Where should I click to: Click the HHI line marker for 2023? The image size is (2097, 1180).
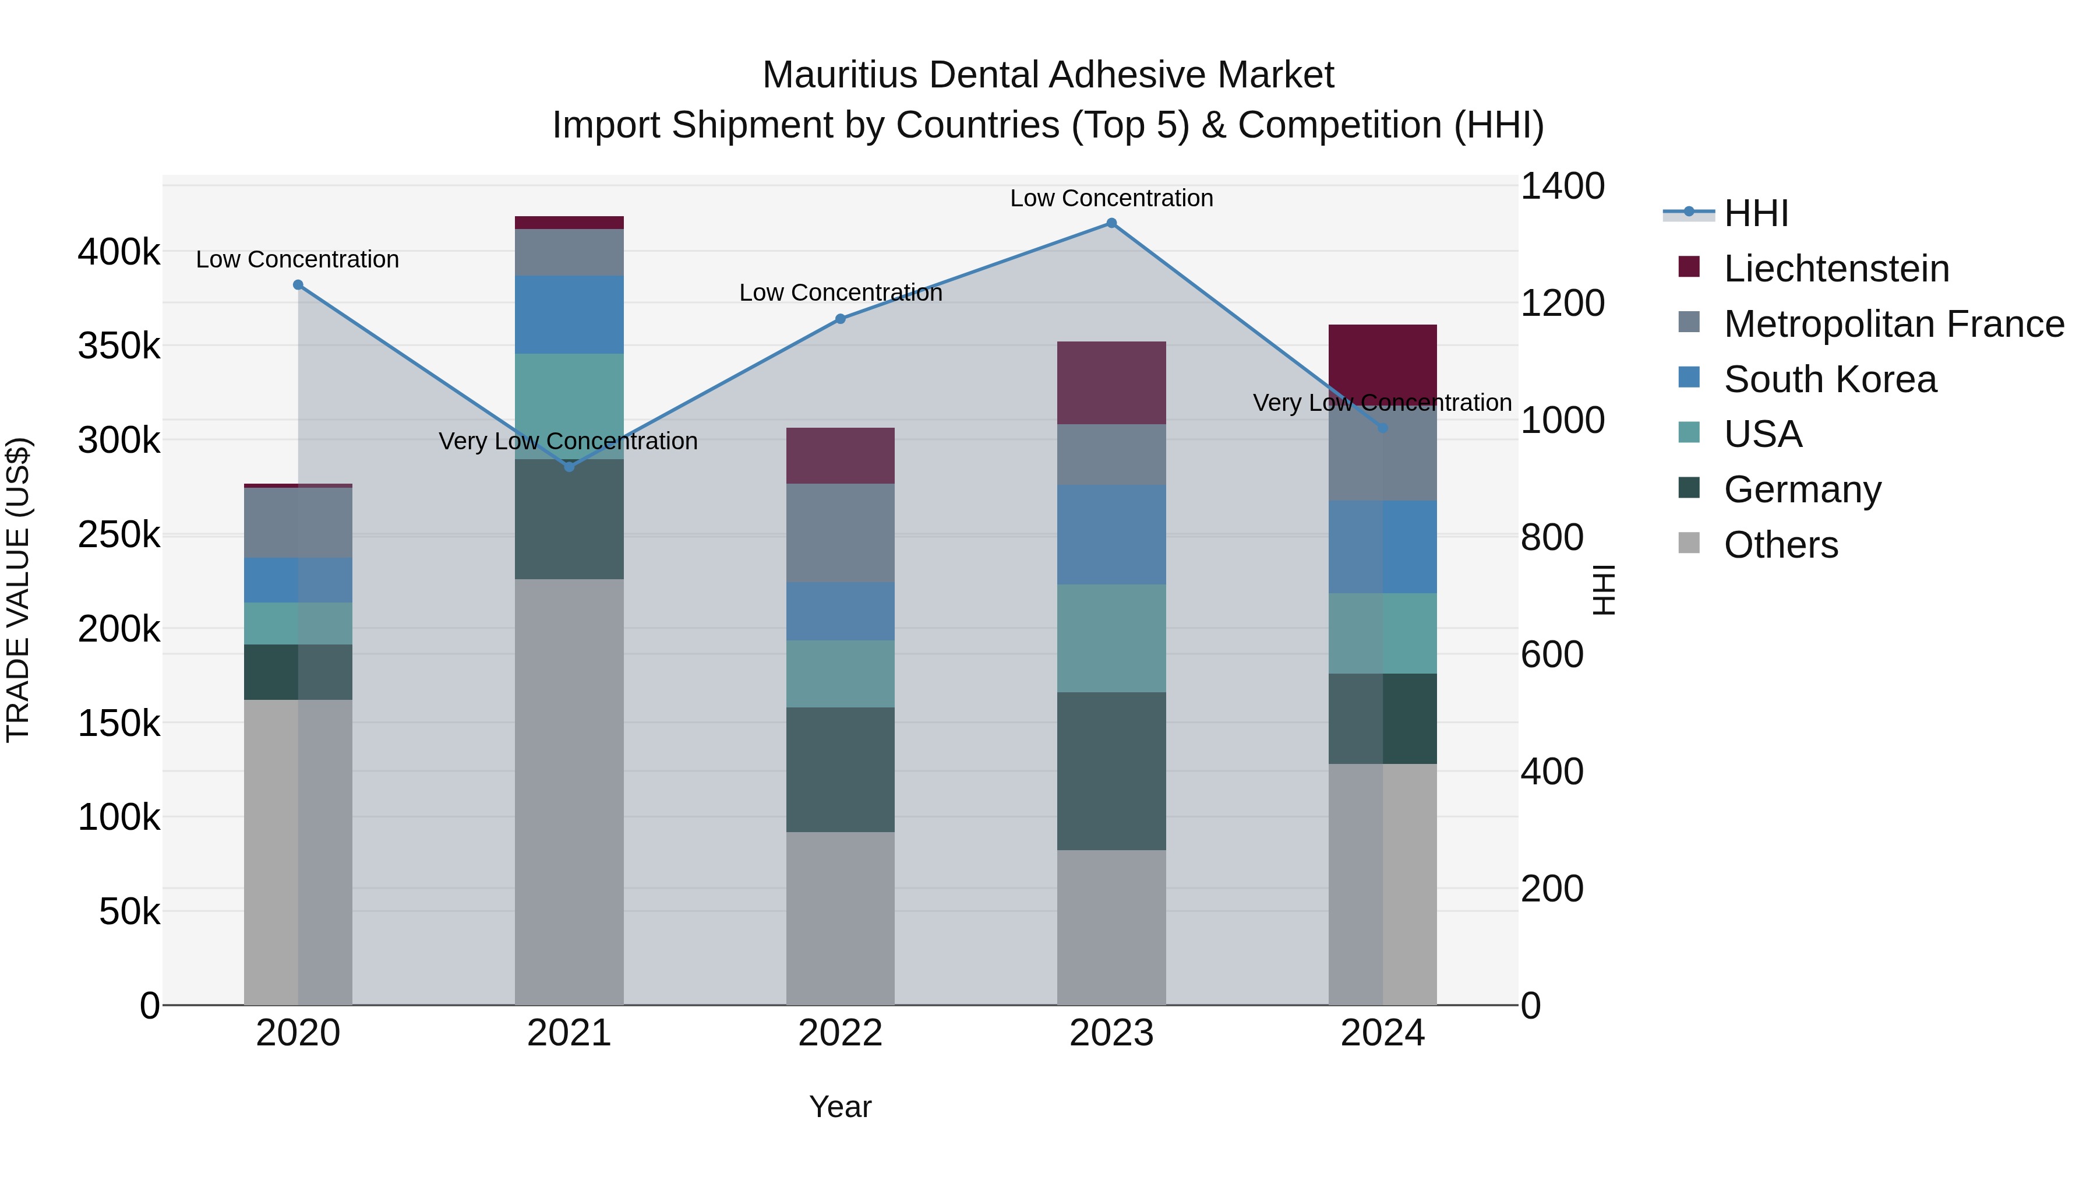[x=1111, y=223]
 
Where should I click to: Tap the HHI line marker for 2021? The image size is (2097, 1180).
[x=569, y=467]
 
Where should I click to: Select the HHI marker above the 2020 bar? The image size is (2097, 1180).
[x=298, y=285]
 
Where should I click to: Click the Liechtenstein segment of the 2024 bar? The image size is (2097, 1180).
[x=1382, y=358]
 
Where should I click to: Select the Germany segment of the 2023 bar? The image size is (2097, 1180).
[x=1111, y=770]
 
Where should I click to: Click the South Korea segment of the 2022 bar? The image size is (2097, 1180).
[x=840, y=611]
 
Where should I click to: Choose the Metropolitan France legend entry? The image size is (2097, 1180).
[x=1894, y=324]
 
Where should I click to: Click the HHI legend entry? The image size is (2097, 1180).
[x=1755, y=213]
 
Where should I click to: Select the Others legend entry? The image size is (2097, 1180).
[x=1780, y=545]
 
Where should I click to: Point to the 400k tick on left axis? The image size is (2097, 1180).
[x=119, y=252]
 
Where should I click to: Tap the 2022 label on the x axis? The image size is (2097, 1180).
[x=840, y=1033]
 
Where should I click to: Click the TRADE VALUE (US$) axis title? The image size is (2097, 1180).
[x=18, y=590]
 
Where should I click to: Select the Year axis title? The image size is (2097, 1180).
[x=840, y=1107]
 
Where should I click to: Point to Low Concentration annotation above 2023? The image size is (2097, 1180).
[x=1111, y=198]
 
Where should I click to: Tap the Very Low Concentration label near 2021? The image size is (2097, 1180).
[x=568, y=441]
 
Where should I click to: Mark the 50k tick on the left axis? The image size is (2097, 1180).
[x=129, y=911]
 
